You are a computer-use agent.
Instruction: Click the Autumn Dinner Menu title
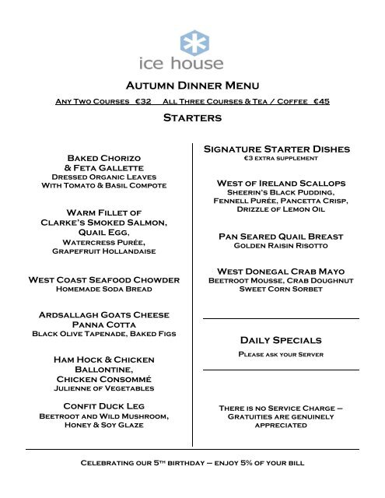click(191, 85)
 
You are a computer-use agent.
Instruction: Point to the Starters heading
click(191, 119)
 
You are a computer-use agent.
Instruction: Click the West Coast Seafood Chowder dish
click(103, 279)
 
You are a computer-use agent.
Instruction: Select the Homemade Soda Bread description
click(103, 290)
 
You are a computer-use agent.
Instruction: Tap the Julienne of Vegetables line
click(103, 388)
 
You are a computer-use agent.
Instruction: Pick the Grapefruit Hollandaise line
click(103, 252)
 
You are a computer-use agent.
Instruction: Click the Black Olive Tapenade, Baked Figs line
click(103, 334)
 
